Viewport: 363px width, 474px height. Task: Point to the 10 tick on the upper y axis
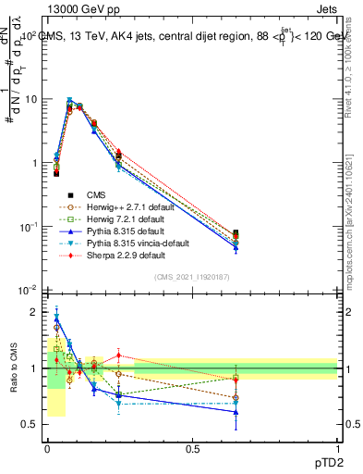(34, 99)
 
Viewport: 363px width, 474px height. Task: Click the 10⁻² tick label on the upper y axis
(30, 291)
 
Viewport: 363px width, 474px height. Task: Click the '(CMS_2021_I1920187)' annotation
(192, 277)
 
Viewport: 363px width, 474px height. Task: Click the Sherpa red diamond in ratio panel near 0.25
(118, 355)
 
